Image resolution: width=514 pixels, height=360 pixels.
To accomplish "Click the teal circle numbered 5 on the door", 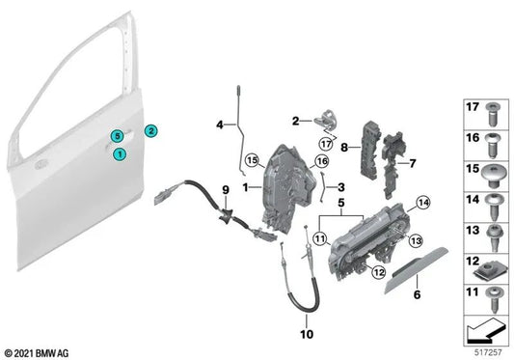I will click(x=115, y=135).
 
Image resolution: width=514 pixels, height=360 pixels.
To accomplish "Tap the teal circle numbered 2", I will click(x=151, y=129).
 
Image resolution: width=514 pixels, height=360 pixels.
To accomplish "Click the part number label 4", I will click(x=219, y=124).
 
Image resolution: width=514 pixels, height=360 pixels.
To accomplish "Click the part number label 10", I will click(x=308, y=335).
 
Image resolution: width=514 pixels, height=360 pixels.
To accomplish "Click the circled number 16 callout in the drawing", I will click(x=322, y=161).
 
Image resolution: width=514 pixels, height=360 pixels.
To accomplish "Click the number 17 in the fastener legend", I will click(x=472, y=109).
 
